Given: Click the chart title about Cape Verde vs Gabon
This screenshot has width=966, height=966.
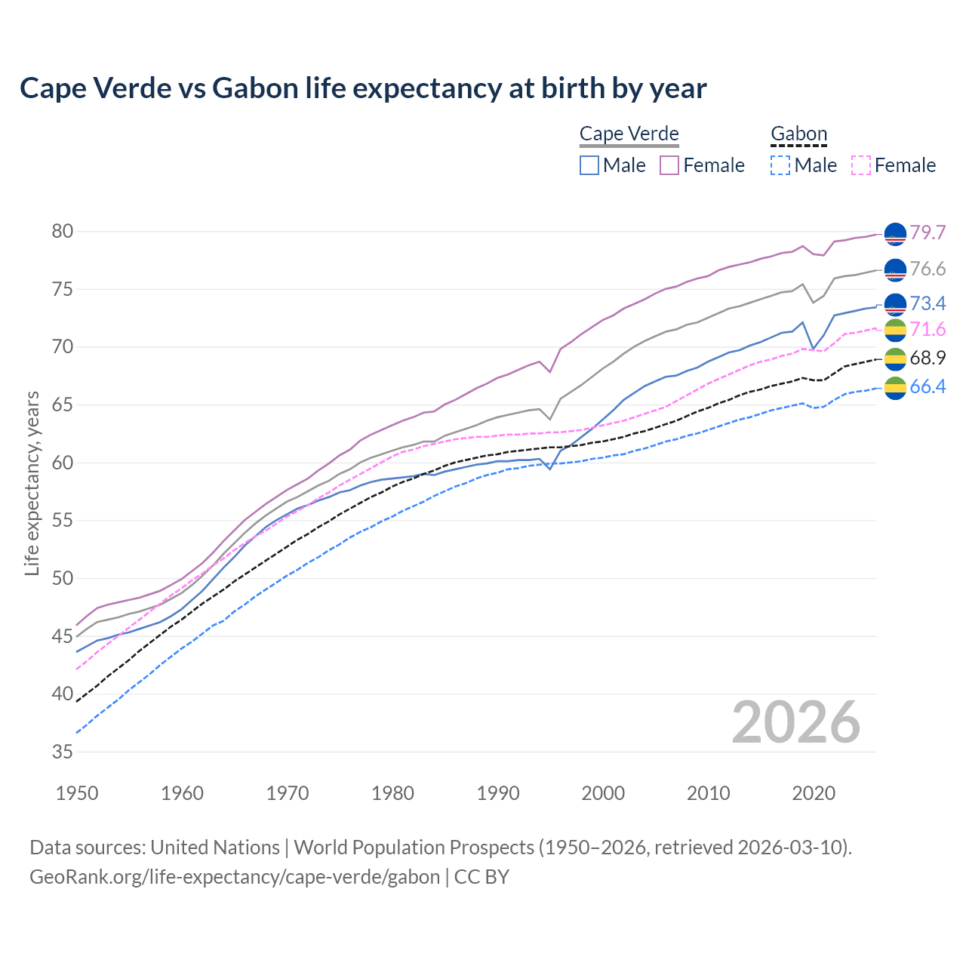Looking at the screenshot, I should click(x=363, y=88).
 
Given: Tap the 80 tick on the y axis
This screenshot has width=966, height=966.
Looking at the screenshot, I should click(x=63, y=232).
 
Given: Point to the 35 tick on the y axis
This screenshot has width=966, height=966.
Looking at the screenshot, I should click(x=63, y=752).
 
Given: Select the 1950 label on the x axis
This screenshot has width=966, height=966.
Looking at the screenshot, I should click(x=77, y=793).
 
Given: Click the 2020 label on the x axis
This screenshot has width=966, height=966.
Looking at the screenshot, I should click(x=814, y=793).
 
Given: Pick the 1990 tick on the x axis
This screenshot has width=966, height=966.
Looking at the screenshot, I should click(x=498, y=793).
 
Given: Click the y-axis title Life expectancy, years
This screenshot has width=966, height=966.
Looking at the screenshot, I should click(x=32, y=483).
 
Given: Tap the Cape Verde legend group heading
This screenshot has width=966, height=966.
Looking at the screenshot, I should click(x=629, y=134).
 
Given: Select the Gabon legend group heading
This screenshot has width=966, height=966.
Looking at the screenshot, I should click(x=798, y=134).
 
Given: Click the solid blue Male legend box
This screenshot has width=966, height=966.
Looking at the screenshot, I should click(x=589, y=165).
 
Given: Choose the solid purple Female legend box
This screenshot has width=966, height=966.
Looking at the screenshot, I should click(x=669, y=165).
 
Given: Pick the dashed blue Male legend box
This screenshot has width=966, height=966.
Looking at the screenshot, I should click(x=780, y=165).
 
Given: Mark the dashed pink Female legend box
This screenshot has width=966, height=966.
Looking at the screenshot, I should click(x=861, y=165).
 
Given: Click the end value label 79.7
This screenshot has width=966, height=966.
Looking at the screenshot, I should click(x=928, y=232).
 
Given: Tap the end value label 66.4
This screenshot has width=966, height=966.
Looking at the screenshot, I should click(x=928, y=387).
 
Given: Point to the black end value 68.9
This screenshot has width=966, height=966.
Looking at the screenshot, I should click(x=928, y=358).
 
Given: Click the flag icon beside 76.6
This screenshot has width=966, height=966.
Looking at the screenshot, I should click(x=895, y=269).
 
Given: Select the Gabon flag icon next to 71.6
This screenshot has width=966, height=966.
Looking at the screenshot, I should click(x=895, y=330).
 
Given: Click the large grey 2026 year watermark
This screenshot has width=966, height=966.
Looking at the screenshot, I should click(x=796, y=722).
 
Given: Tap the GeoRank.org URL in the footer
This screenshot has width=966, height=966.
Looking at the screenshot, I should click(x=235, y=877).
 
